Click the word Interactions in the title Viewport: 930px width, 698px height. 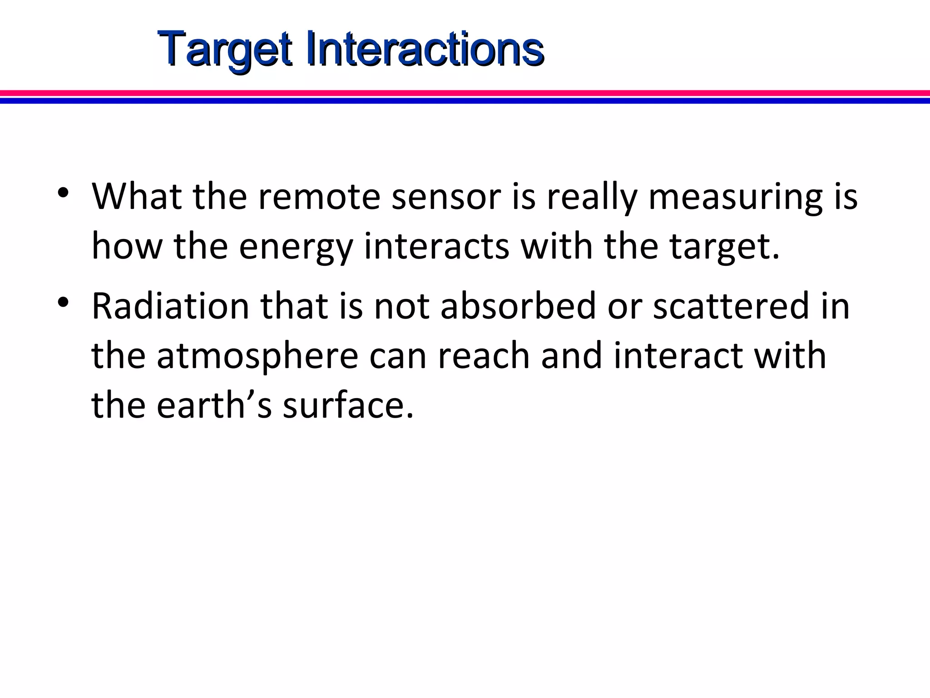(425, 49)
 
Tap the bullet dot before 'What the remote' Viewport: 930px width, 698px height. (64, 192)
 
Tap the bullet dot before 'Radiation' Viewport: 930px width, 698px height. (64, 302)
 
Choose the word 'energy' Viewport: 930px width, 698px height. (296, 248)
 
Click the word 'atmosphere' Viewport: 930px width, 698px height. (257, 357)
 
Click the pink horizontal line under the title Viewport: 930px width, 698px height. (465, 93)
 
